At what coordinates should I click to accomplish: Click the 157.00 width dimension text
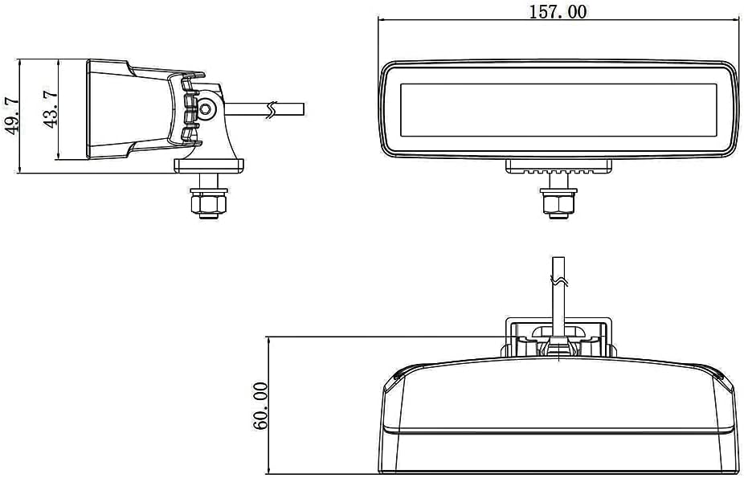pos(558,11)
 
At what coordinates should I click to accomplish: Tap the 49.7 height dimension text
pos(11,115)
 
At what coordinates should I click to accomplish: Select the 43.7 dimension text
pos(50,108)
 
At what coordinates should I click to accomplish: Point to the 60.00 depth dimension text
pos(260,406)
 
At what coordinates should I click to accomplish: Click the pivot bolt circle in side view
pos(206,108)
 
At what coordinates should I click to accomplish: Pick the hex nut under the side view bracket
pos(209,203)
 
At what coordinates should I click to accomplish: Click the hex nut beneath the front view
pos(558,203)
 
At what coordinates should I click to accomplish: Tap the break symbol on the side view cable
pos(271,109)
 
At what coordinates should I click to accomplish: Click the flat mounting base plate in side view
pos(209,165)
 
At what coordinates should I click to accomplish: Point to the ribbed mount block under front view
pos(558,166)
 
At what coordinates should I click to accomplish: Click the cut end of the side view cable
pos(303,108)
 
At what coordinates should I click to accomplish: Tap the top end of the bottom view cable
pos(558,258)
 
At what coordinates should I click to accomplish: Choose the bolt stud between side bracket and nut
pos(209,180)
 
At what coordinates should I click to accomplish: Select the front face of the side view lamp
pos(88,109)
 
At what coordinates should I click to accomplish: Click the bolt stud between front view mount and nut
pos(558,180)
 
